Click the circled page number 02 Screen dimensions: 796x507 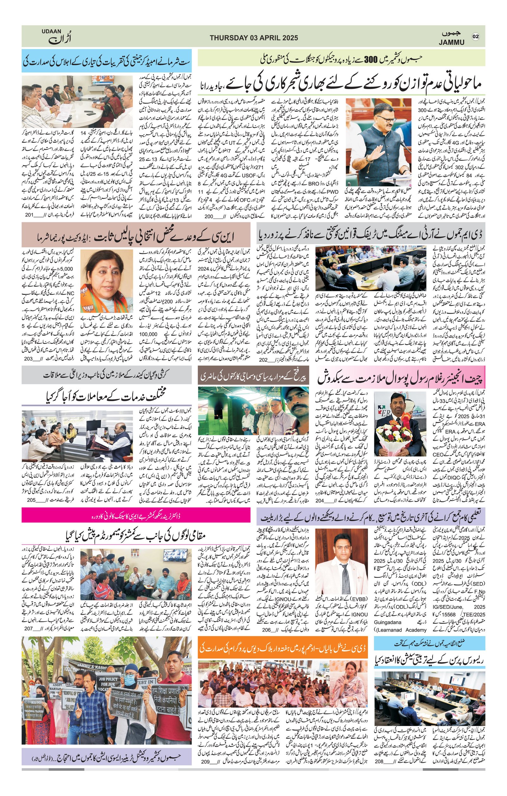[476, 36]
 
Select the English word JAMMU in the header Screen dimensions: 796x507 [452, 42]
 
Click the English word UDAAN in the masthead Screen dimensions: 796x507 [52, 31]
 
